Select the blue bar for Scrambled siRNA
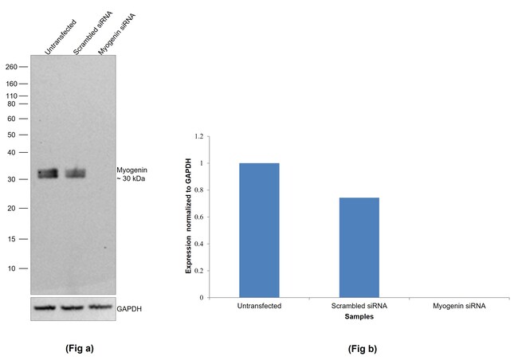(x=359, y=248)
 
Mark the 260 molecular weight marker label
(x=11, y=67)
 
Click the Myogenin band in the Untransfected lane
(x=49, y=173)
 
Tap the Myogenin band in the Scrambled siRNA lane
(x=75, y=173)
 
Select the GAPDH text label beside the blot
(x=130, y=307)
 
